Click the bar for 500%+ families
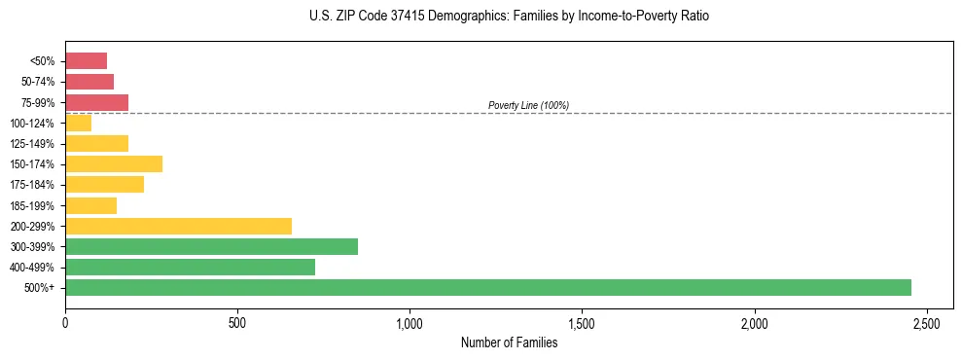486,288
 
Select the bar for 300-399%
211,247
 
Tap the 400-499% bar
190,268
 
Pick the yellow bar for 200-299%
178,227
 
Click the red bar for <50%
86,61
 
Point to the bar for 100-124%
78,124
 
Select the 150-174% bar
114,164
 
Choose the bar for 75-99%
96,102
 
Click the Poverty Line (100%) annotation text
528,105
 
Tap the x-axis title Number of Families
509,342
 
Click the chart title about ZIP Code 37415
509,17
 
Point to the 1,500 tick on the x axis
582,322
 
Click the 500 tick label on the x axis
237,322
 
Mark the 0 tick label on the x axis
65,322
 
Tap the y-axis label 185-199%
34,206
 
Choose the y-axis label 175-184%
34,185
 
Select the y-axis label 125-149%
34,144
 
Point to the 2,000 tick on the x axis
754,322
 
